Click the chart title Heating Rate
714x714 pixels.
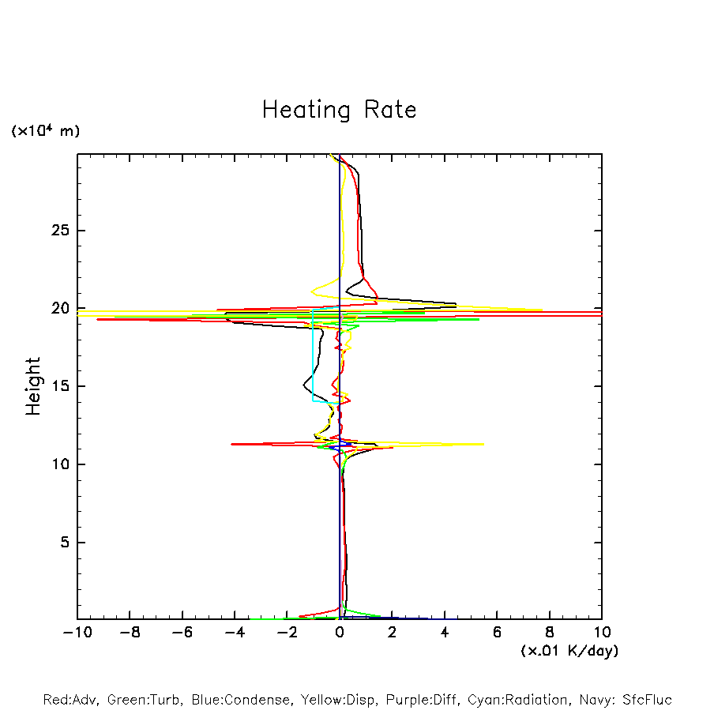[339, 110]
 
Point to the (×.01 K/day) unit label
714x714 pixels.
[569, 651]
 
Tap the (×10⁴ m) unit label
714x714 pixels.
[45, 131]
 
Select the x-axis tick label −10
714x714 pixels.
[77, 633]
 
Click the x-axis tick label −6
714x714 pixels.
[182, 633]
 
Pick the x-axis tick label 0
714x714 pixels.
[340, 633]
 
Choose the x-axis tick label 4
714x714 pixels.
[445, 633]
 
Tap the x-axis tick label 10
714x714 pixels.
[602, 633]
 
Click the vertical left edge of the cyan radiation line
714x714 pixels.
[314, 355]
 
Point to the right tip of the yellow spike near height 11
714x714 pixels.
[483, 444]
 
